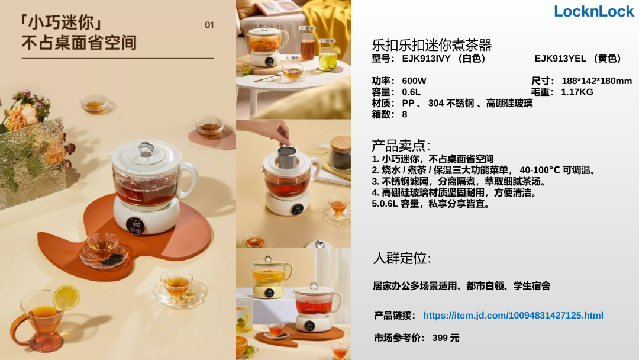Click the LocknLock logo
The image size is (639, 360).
point(594,11)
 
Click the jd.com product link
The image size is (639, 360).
point(512,315)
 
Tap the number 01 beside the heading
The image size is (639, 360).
point(209,25)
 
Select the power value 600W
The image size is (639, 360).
point(414,81)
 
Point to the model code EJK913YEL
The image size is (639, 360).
point(560,59)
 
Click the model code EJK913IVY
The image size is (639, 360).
point(426,59)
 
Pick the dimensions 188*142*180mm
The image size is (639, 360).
point(596,81)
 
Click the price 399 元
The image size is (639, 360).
point(446,338)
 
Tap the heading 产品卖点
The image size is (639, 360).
point(401,146)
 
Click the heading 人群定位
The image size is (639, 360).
point(401,258)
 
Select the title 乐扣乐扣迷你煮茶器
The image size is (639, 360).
point(431,45)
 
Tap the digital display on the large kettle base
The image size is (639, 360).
point(136,226)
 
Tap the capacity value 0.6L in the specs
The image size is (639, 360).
point(411,92)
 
